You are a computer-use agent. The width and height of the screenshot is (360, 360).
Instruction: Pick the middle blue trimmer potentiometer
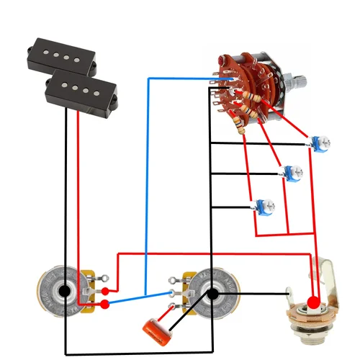[x=292, y=174]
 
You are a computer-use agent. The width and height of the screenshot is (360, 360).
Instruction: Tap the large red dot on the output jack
[x=313, y=301]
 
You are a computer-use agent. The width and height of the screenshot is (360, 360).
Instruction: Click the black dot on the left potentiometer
[x=65, y=292]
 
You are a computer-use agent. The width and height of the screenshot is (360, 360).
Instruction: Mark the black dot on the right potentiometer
[x=213, y=293]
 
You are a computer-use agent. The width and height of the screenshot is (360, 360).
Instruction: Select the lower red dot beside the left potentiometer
[x=105, y=305]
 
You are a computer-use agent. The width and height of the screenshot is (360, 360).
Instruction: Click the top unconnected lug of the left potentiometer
[x=104, y=278]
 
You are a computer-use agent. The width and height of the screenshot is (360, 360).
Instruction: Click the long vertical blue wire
[x=148, y=180]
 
